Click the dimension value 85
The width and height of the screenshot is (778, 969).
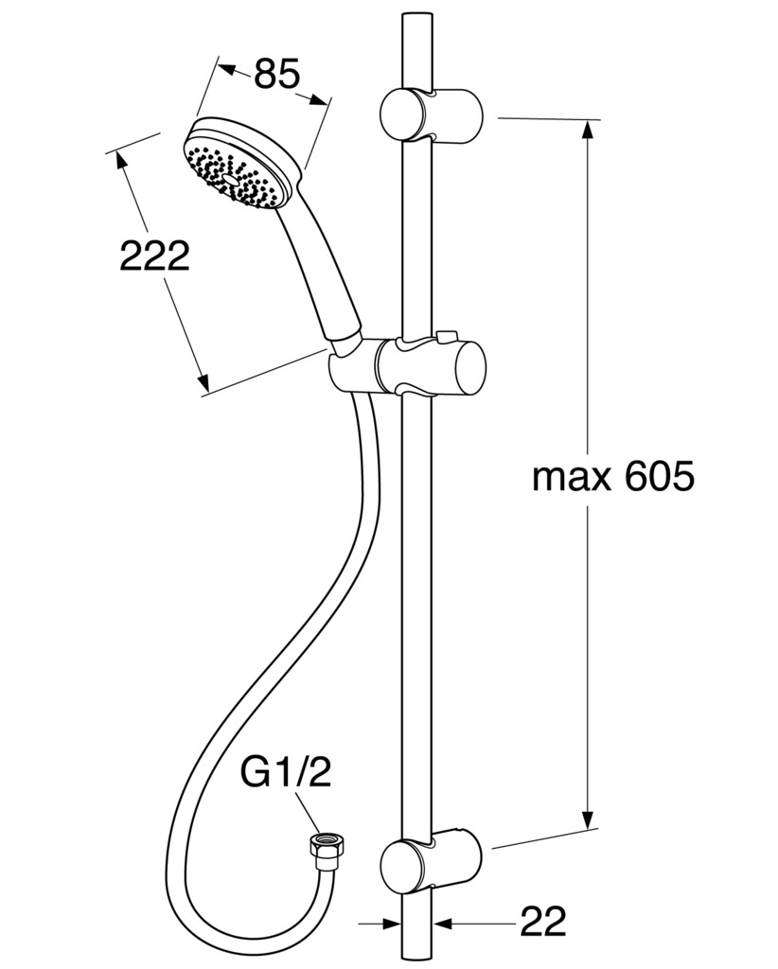[276, 74]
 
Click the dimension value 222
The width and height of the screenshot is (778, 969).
[154, 255]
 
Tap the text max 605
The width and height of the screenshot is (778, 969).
[613, 477]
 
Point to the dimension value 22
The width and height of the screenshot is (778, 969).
[543, 922]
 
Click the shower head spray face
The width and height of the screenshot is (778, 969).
[230, 174]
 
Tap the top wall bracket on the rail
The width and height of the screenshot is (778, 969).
[431, 115]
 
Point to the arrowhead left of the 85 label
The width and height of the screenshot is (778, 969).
[230, 69]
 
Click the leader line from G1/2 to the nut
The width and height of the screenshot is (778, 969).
[308, 812]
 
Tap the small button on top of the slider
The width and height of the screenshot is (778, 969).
[442, 337]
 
